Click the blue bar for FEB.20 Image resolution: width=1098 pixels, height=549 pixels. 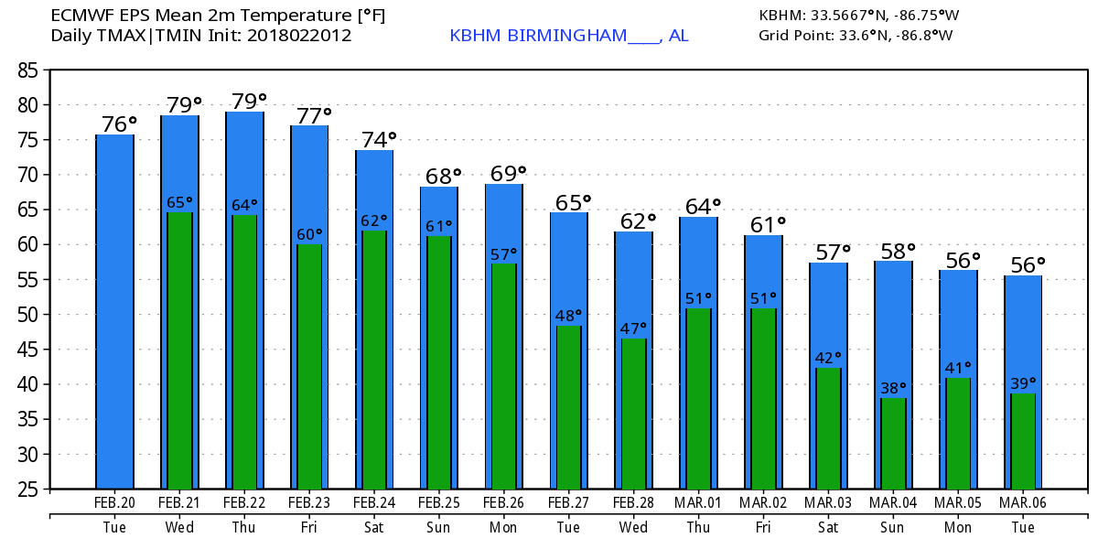(115, 311)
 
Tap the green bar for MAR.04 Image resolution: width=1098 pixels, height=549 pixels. (893, 443)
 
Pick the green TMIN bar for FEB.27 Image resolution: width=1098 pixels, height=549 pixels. (569, 406)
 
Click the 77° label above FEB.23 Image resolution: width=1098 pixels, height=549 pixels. (312, 115)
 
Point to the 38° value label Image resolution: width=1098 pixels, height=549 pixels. (893, 388)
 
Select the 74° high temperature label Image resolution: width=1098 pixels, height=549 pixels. (377, 140)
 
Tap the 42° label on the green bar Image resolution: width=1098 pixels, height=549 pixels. (828, 358)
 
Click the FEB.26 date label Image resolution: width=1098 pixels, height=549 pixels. (504, 503)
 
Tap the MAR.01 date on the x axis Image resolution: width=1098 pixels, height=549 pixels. (699, 503)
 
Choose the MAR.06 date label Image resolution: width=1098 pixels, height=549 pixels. (1023, 503)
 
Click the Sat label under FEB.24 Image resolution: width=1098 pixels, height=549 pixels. (374, 528)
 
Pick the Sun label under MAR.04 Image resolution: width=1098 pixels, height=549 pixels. (893, 528)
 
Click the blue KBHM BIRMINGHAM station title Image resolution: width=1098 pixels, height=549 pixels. (568, 36)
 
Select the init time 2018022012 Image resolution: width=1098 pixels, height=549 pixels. (300, 36)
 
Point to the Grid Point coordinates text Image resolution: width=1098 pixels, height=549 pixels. (856, 36)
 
